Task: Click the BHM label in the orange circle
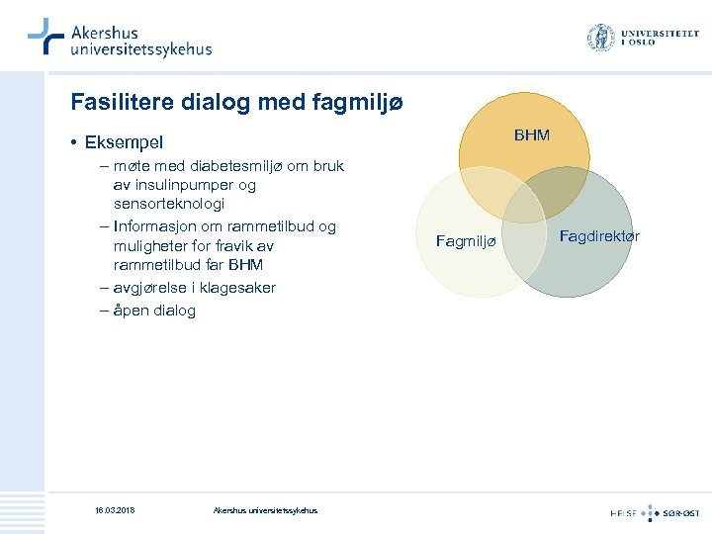tap(532, 134)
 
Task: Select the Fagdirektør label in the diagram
tap(599, 235)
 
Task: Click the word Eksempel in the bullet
tap(125, 143)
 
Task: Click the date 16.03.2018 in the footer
tap(115, 510)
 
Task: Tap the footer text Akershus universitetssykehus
tap(265, 510)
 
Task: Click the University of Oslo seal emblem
tap(600, 39)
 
